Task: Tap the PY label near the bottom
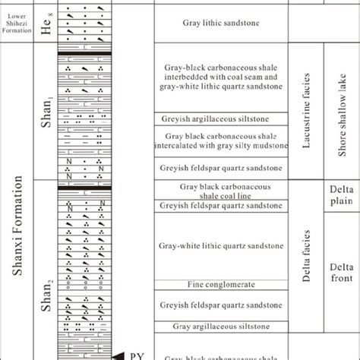(x=137, y=355)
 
